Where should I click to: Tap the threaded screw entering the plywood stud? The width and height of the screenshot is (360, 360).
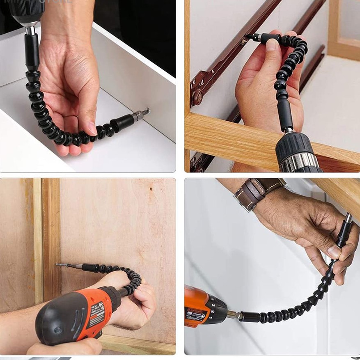[x=62, y=265]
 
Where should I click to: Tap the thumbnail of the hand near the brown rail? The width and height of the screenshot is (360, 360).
[x=272, y=45]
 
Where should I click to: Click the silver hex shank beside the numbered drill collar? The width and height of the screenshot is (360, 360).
[x=233, y=314]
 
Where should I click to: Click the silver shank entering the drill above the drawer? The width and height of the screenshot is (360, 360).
[x=30, y=30]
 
